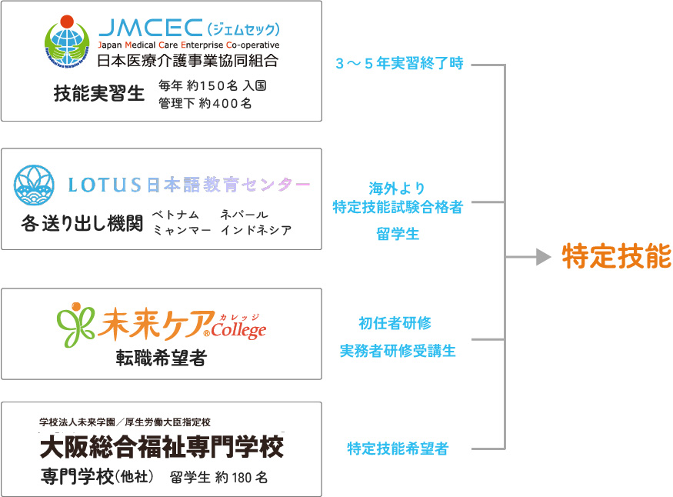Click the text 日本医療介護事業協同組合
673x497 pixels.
coord(188,60)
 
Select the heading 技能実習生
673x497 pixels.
coord(99,94)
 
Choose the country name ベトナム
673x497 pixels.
coord(175,214)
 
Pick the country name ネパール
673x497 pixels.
coord(244,214)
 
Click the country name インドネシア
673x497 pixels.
coord(255,230)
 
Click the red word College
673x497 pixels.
coord(240,331)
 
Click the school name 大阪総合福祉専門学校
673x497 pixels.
coord(162,446)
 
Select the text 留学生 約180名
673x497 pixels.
coord(218,477)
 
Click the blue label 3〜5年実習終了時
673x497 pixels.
coord(399,64)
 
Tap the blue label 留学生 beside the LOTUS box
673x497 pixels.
coord(398,235)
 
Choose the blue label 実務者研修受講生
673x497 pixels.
coord(398,351)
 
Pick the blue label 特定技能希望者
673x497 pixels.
coord(398,449)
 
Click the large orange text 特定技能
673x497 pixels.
coord(617,257)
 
